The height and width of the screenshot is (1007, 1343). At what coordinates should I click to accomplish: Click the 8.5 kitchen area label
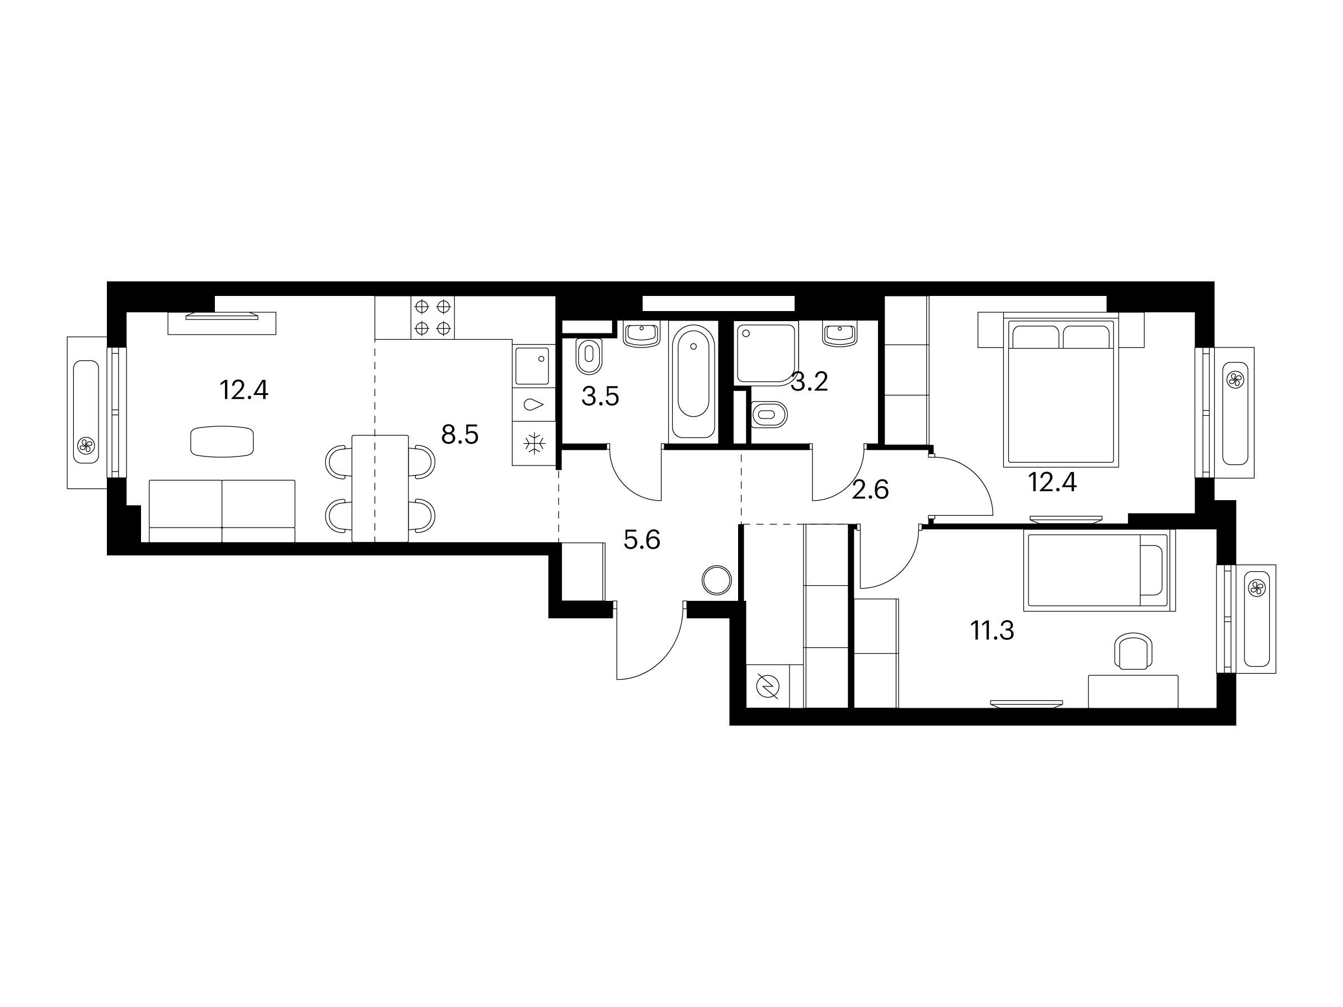point(459,435)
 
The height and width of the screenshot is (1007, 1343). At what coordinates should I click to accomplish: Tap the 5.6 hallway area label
point(642,540)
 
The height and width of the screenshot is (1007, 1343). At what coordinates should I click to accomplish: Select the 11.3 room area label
point(992,631)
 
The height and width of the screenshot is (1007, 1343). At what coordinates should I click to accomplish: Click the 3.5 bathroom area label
point(600,397)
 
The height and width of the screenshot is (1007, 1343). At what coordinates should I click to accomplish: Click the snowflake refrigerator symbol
point(534,444)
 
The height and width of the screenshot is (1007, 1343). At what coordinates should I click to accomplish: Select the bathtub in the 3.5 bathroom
point(692,380)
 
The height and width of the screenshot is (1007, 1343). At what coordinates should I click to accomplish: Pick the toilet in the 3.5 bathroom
point(588,357)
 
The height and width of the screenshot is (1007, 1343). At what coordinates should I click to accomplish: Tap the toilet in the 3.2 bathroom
point(769,415)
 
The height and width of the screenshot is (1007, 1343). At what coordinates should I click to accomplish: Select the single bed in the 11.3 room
point(1100,570)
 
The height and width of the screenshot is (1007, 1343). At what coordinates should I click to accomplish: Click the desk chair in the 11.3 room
point(1134,652)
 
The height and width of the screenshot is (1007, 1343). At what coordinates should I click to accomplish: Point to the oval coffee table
point(222,441)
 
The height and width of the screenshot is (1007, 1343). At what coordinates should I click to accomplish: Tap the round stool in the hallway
point(717,580)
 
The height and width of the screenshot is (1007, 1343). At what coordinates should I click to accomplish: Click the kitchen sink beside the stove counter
point(531,366)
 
